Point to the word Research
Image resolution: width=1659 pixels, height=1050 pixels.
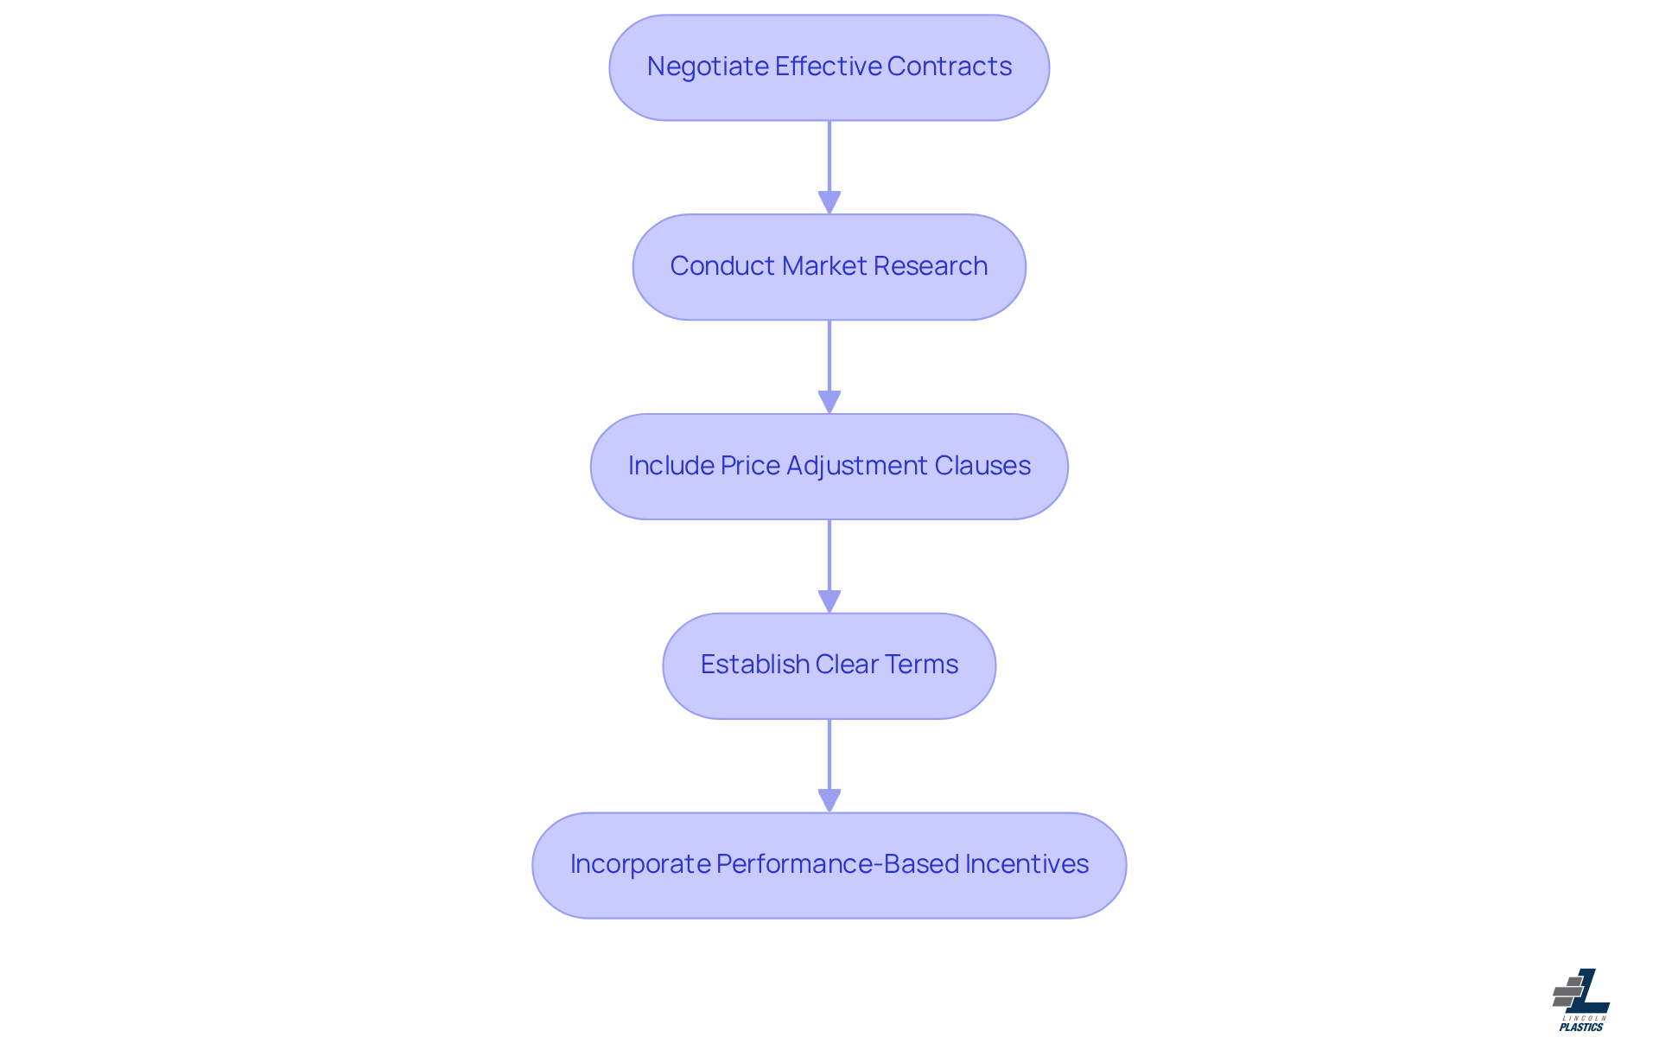pos(935,266)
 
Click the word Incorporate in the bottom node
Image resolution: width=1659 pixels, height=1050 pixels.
pos(639,864)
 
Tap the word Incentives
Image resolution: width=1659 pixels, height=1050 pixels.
pos(1027,864)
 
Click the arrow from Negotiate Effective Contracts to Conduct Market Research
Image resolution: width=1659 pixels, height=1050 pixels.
pos(829,164)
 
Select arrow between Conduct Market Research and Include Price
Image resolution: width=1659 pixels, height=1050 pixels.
pos(829,363)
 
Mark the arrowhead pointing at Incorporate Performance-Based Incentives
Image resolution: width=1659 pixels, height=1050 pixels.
pos(829,801)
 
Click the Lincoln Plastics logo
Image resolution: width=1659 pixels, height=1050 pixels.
pos(1581,1000)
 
